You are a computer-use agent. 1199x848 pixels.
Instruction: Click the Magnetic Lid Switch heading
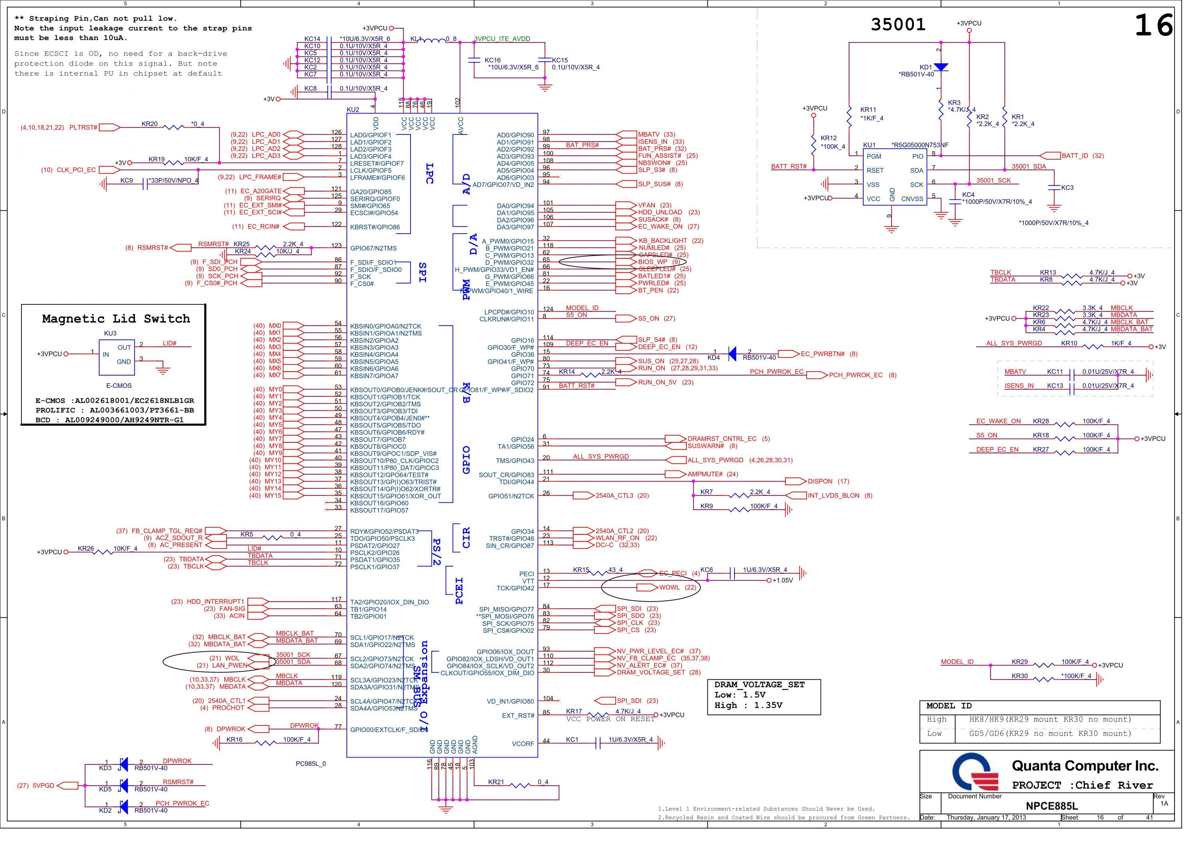pos(116,319)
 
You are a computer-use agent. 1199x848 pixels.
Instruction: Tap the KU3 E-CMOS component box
pos(117,357)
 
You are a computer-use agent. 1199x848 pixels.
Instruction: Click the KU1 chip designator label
pos(869,145)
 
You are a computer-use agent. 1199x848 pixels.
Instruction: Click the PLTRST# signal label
pos(84,128)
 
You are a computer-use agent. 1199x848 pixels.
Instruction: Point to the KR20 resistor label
pos(149,124)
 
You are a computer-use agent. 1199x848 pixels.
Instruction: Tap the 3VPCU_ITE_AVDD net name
pos(502,39)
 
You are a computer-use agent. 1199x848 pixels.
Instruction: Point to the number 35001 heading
pos(898,24)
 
